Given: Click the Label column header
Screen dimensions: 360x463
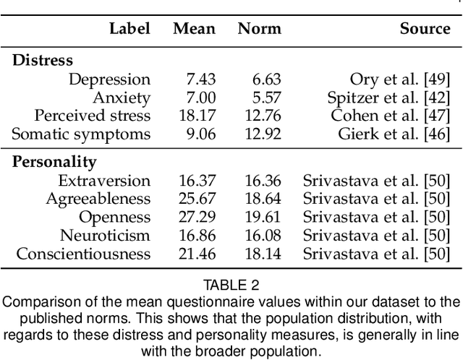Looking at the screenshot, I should (129, 28).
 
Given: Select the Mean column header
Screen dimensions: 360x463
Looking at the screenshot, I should (194, 28).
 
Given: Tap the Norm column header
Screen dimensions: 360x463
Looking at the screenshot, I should (259, 28).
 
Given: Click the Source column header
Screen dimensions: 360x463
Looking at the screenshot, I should (425, 28).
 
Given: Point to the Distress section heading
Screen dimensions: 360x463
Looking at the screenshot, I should (43, 61).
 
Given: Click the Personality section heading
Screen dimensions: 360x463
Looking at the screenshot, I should (54, 162).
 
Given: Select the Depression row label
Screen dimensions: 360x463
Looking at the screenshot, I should (109, 80).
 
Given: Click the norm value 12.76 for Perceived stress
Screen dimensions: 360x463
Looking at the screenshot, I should (263, 116).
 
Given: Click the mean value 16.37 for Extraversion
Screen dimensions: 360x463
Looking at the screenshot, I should (197, 181).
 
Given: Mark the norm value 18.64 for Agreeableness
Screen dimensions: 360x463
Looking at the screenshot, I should (263, 199).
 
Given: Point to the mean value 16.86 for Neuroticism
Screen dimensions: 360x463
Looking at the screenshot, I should (197, 235).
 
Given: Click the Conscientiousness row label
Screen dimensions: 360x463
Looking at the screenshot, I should (83, 253).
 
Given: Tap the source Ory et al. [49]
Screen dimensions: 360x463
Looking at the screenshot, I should (400, 80).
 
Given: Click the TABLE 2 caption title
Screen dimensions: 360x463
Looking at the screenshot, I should (231, 286).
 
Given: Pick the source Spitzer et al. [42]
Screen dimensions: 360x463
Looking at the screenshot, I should (394, 98).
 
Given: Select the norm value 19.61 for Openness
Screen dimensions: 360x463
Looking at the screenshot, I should (263, 217).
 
